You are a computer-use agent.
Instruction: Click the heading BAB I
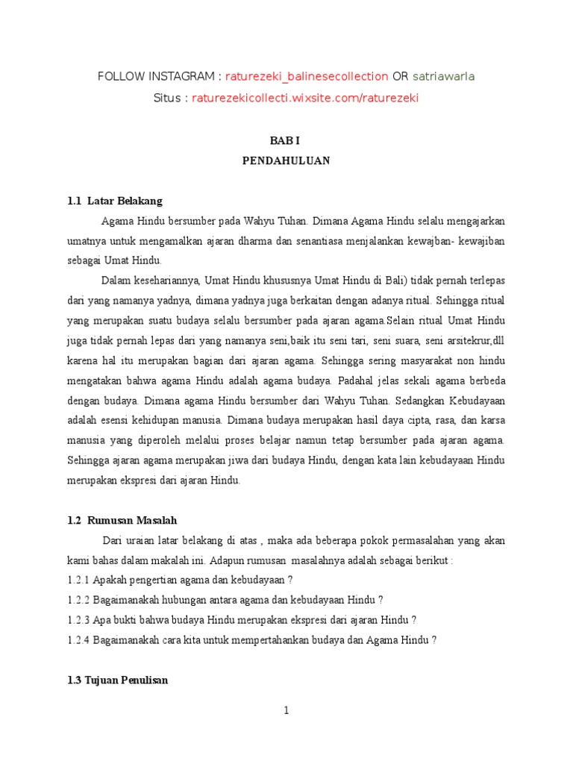(x=286, y=140)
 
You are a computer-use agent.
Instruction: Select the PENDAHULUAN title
(x=286, y=160)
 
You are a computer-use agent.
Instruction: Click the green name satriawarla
(x=443, y=76)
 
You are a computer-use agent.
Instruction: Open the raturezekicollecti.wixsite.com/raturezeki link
(x=305, y=98)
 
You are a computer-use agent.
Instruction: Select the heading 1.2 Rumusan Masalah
(x=122, y=520)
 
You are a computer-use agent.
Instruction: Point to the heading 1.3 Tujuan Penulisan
(x=117, y=680)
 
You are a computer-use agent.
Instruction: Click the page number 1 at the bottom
(x=286, y=710)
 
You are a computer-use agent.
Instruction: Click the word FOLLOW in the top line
(x=119, y=76)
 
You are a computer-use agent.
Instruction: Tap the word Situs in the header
(x=168, y=98)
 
